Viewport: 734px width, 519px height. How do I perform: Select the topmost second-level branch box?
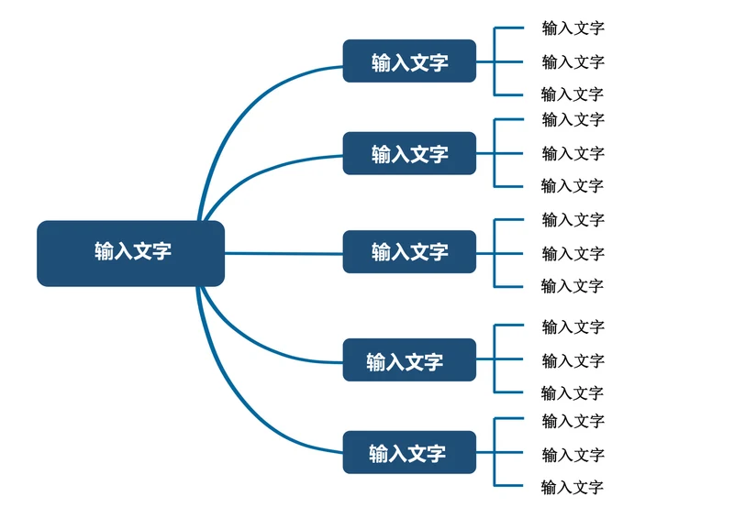pos(409,61)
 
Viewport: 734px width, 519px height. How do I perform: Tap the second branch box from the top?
pos(409,153)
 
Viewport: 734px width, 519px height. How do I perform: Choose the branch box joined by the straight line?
pos(409,251)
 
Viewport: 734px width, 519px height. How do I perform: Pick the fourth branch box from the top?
pos(409,360)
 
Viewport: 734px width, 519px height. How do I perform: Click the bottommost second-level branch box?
pos(409,452)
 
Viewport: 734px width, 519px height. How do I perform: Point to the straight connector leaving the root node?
pos(284,253)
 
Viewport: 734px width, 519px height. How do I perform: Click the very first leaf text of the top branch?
pos(573,28)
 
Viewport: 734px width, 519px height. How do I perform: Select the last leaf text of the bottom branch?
pos(572,487)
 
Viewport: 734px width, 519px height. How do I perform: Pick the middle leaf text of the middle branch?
pos(573,253)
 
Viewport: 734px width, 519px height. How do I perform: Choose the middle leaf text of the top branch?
pos(573,62)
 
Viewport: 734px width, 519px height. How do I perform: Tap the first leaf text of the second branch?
pos(573,119)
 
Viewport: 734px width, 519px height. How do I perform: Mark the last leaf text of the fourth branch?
pos(572,393)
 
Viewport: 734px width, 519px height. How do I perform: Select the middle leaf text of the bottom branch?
pos(573,455)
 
